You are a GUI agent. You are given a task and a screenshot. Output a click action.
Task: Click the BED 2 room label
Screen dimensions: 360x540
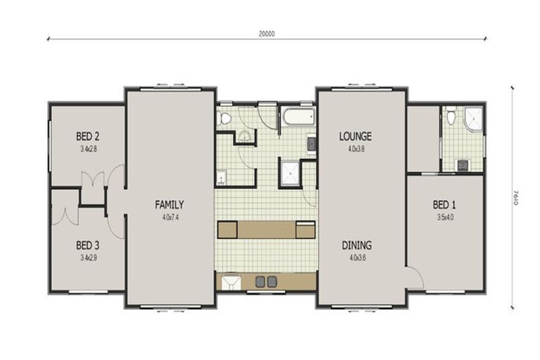[x=87, y=136]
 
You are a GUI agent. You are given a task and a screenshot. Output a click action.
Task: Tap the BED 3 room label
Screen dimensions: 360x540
[x=87, y=245]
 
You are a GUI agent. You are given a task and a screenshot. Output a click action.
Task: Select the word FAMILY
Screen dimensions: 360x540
[x=169, y=205]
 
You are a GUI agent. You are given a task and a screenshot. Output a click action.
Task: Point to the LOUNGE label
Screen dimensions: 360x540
[x=355, y=136]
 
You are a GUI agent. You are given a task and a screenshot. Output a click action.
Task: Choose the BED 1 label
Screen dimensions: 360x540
[x=444, y=205]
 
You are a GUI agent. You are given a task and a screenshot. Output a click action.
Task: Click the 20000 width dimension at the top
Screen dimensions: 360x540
[x=266, y=33]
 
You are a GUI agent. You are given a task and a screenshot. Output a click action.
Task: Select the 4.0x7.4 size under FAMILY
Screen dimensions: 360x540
[x=169, y=217]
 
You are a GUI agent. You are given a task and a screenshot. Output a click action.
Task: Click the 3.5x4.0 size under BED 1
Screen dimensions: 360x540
[x=444, y=217]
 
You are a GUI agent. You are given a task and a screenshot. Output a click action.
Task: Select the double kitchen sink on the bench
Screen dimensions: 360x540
[x=265, y=281]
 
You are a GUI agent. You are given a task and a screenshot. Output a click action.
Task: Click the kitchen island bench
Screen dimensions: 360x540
[x=266, y=229]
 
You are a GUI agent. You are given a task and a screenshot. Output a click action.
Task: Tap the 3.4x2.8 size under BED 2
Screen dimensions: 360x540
[x=87, y=148]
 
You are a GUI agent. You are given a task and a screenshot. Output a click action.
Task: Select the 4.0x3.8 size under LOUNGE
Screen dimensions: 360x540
[x=355, y=148]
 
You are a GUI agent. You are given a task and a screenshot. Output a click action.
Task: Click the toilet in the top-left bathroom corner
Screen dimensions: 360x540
[x=225, y=117]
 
